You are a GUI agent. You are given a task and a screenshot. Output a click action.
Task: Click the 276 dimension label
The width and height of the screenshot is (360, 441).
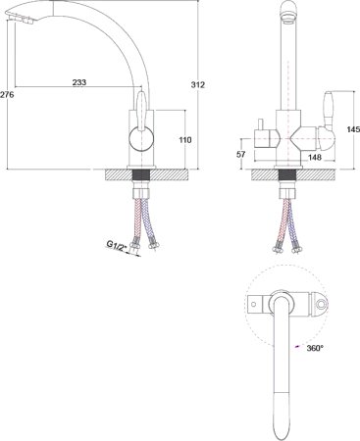pos(7,94)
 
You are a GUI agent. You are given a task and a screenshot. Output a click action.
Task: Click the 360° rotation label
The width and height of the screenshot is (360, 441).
pos(315,348)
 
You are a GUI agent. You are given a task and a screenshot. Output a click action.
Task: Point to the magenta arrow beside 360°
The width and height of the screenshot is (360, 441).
pos(295,347)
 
